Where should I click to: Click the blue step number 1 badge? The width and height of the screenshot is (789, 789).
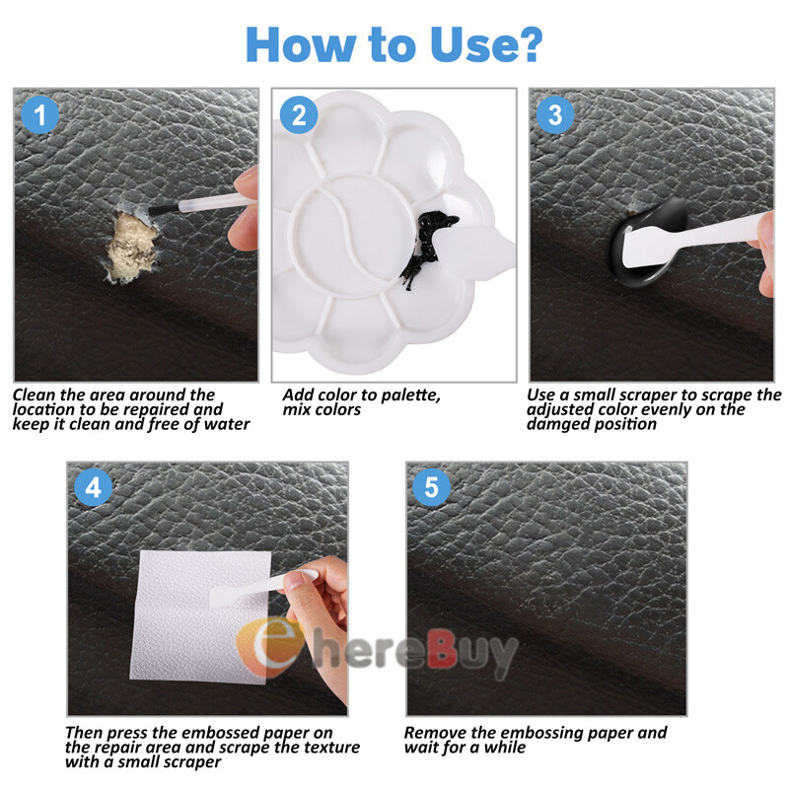(39, 114)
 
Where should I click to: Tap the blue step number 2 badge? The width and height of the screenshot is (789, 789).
(299, 114)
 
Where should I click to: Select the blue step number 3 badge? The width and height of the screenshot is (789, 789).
(555, 114)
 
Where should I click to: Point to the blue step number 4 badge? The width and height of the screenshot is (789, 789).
(93, 487)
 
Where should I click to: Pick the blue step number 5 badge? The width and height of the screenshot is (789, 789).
(431, 487)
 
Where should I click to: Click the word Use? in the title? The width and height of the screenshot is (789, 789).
(486, 44)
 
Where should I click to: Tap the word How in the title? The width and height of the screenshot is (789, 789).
(302, 44)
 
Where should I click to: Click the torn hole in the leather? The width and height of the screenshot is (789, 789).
(129, 244)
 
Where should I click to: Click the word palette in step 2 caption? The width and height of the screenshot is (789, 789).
(410, 395)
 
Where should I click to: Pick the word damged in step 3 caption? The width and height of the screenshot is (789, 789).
(556, 425)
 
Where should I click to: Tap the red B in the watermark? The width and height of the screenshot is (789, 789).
(442, 650)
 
